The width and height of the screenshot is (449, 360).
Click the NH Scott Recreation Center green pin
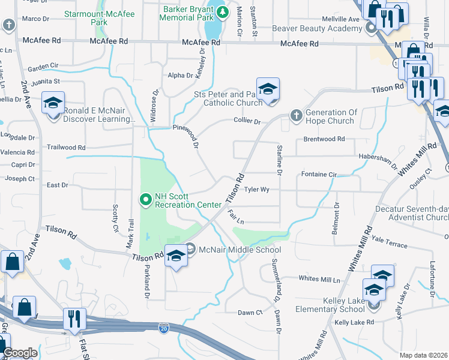[x=145, y=199]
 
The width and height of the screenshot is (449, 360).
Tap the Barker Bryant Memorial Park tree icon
[x=223, y=11]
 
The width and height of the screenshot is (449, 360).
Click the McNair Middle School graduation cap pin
[x=175, y=256]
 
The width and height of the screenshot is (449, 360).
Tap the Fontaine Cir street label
[x=319, y=175]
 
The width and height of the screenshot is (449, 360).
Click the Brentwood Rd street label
[x=324, y=139]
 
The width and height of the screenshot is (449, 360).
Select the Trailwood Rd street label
[x=66, y=147]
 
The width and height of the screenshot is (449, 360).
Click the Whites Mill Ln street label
[x=319, y=280]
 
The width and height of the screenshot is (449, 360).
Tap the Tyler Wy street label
[x=256, y=190]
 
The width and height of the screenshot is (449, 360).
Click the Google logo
[x=20, y=353]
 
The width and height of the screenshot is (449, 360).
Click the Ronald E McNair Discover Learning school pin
[x=53, y=103]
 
